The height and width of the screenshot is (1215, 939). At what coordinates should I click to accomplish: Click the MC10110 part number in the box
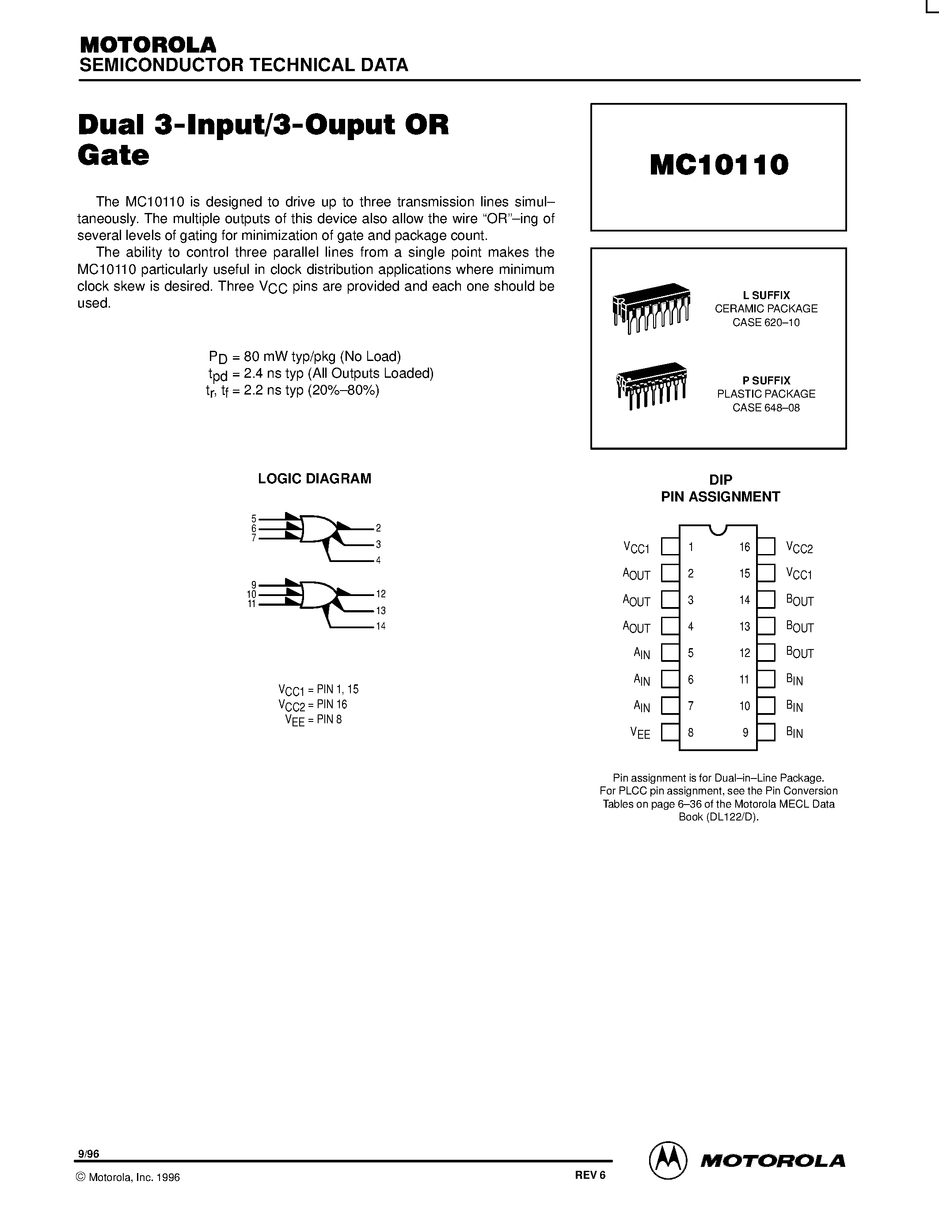pos(719,165)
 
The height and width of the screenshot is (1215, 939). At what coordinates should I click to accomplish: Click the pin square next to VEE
pos(670,732)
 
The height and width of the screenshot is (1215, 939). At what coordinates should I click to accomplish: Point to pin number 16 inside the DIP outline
pos(744,547)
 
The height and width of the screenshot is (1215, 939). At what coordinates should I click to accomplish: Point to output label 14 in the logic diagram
pos(380,626)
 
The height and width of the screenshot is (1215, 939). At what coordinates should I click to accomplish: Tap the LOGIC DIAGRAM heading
pos(314,478)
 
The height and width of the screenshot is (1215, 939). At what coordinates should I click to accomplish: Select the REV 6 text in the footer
pos(589,1175)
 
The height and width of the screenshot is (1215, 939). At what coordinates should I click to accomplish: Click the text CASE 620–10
pos(766,323)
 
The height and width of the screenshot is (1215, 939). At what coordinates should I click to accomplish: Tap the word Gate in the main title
pos(114,155)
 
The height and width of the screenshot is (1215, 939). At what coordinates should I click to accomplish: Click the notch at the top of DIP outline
pos(718,529)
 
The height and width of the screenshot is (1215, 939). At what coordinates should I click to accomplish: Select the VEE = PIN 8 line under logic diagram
pos(313,720)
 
